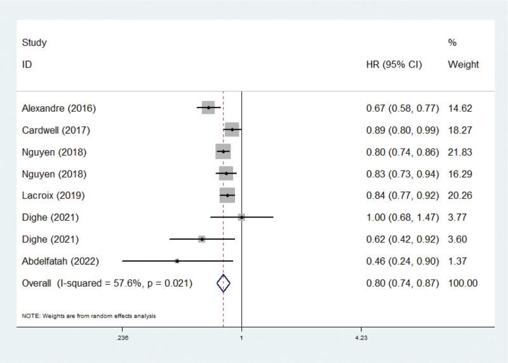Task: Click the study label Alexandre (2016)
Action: tap(58, 109)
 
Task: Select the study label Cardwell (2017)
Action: tap(56, 131)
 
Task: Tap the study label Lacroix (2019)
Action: tap(53, 195)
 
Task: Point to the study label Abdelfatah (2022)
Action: tap(60, 261)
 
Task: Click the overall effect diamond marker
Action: tap(223, 283)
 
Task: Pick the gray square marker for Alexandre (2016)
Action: tap(208, 108)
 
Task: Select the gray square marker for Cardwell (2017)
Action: tap(232, 130)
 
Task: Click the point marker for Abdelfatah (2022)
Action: tap(177, 261)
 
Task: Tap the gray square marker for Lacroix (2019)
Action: tap(227, 195)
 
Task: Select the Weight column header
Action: tap(463, 65)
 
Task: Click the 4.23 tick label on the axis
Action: tap(360, 338)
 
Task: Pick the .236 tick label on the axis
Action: tap(123, 338)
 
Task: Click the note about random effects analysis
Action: tap(89, 315)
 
